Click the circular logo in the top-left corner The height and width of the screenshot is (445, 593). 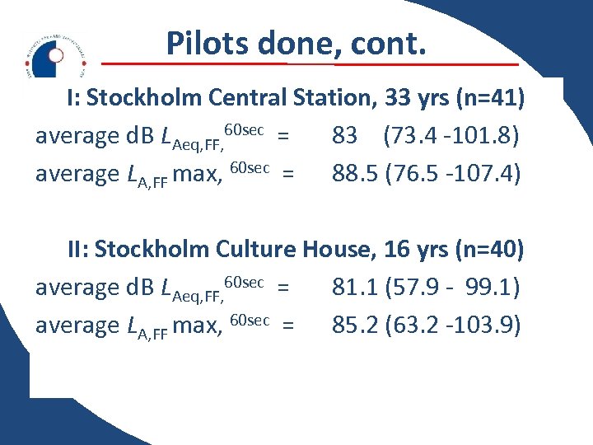[54, 55]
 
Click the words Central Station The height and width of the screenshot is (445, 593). [292, 98]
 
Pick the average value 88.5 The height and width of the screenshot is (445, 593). [354, 174]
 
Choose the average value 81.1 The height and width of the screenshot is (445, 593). [353, 287]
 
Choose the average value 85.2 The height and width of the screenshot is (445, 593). [354, 326]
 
